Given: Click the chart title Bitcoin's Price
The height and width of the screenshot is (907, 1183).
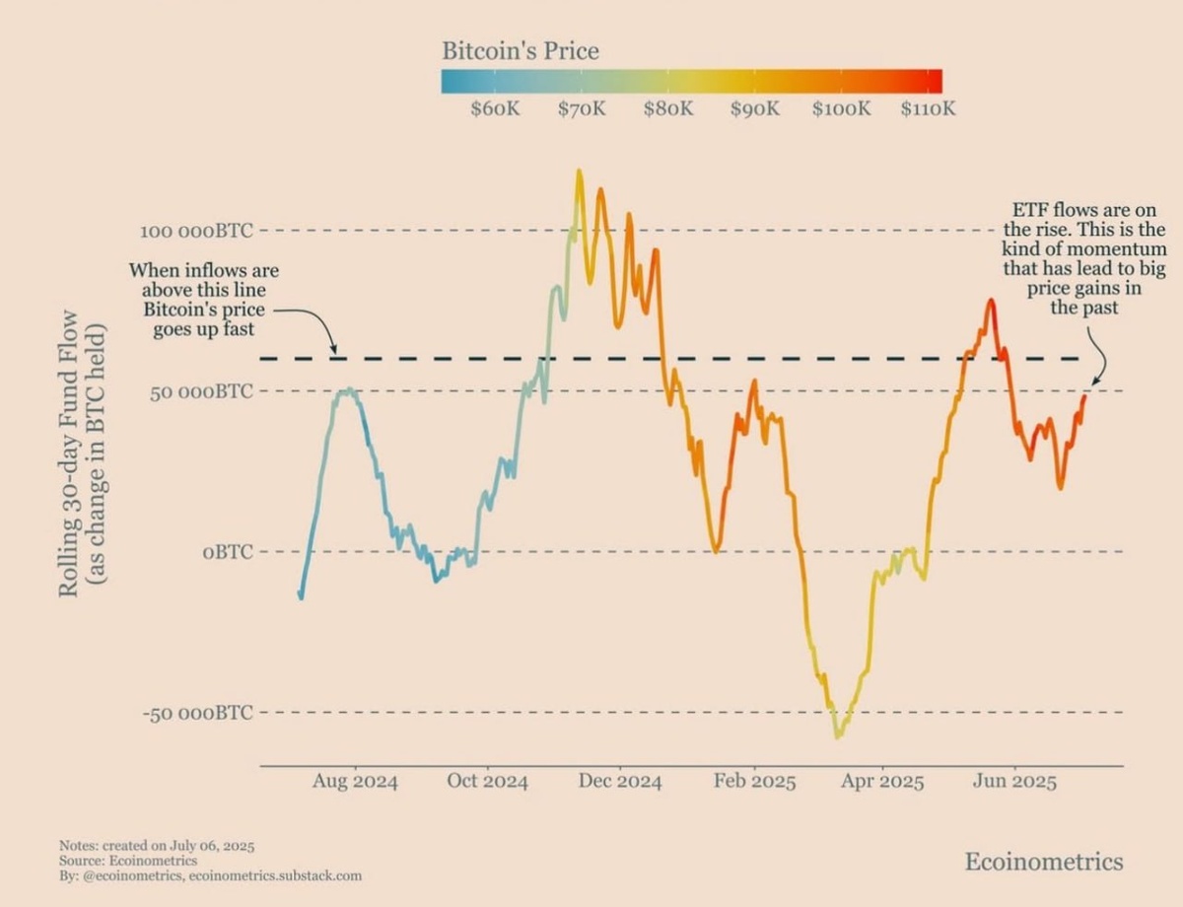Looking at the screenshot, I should tap(520, 50).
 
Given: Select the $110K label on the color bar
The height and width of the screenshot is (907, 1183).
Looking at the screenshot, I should tap(928, 108).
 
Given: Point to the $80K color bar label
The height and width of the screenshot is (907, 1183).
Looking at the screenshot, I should tap(668, 108).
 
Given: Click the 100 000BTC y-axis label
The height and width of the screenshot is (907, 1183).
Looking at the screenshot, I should tap(196, 231).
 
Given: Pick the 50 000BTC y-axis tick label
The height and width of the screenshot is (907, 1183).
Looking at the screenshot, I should tap(201, 391).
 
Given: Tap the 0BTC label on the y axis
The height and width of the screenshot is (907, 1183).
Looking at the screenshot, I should tap(228, 552).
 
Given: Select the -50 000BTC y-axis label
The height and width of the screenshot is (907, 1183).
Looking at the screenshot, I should tap(196, 713).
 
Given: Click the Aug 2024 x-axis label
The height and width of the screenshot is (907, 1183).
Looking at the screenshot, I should tap(355, 782).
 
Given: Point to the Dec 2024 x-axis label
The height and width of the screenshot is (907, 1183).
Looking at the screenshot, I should tap(618, 782).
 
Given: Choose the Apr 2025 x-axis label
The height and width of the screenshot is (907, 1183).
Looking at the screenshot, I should tap(881, 782).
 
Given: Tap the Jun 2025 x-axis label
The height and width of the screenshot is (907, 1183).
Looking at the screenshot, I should tap(1013, 782).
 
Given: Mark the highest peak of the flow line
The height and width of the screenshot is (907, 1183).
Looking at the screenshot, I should tap(579, 172).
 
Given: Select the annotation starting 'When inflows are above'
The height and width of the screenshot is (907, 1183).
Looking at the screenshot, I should tap(204, 298).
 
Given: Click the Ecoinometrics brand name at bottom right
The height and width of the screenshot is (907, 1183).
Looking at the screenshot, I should tap(1043, 862).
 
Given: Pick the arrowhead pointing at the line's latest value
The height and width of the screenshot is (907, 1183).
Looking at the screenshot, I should tap(1093, 383).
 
